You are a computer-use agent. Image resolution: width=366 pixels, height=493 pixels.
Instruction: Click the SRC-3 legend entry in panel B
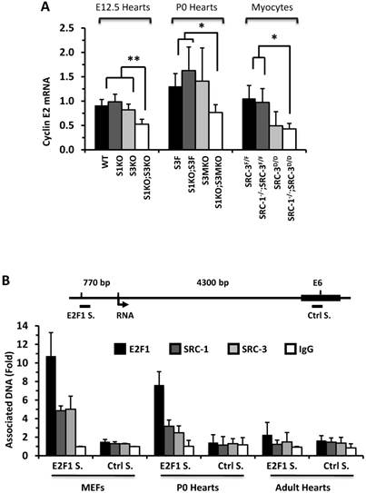(258, 348)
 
